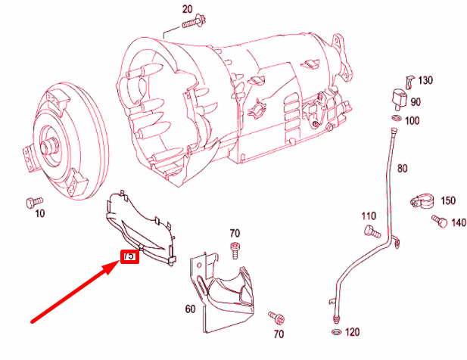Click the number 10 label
39,214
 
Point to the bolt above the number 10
31,201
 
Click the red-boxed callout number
129,256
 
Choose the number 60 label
189,309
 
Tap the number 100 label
413,121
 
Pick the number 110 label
369,216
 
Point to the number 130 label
425,80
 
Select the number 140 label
458,222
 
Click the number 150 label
447,200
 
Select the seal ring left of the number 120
335,331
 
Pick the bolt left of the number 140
438,221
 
